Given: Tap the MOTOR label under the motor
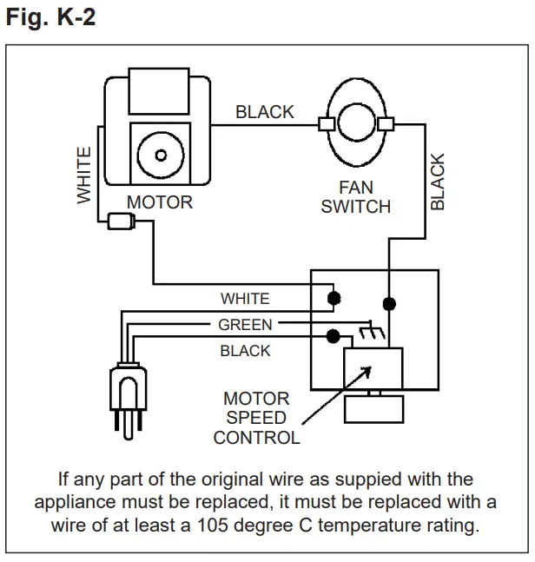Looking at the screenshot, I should point(160,202).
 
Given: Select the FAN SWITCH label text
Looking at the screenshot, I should point(355,197).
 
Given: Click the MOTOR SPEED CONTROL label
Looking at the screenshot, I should point(256,418).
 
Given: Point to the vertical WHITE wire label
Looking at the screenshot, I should point(84,175).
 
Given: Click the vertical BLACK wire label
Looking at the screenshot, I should point(438,182).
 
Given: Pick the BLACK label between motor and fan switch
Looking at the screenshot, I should point(265,112).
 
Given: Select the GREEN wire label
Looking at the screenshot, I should point(245,325).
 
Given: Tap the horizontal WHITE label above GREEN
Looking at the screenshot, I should point(245,299).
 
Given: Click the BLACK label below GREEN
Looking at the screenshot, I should point(245,351).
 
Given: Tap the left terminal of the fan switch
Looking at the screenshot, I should point(327,124).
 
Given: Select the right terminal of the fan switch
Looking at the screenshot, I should point(386,124).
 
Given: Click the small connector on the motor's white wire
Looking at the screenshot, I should point(116,222).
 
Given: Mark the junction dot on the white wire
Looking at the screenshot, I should point(332,298).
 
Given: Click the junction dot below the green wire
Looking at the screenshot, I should point(332,336).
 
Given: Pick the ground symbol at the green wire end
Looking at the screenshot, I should point(368,331).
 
